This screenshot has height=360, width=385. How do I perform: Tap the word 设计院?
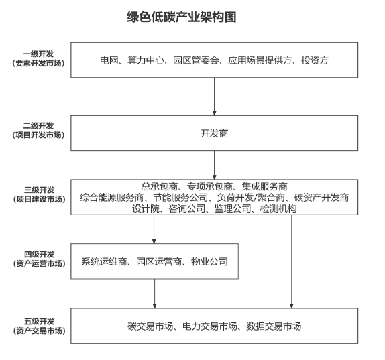click(x=145, y=208)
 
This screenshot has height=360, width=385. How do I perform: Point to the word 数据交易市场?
click(x=273, y=326)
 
